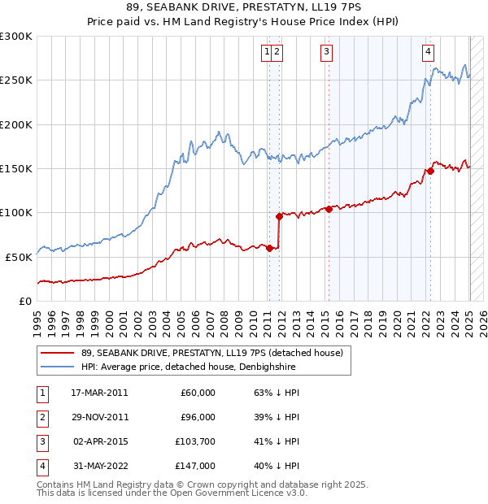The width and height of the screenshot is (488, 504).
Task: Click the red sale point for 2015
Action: pos(329,209)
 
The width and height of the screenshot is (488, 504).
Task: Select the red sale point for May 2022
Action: pos(431,171)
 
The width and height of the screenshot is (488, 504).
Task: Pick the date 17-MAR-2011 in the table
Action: pos(99,393)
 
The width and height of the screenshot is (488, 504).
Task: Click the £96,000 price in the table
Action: pos(198,417)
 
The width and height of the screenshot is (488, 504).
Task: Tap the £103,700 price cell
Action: pos(195,441)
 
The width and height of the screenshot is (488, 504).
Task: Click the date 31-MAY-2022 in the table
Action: pos(99,466)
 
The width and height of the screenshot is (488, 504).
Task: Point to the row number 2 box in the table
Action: pos(41,417)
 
